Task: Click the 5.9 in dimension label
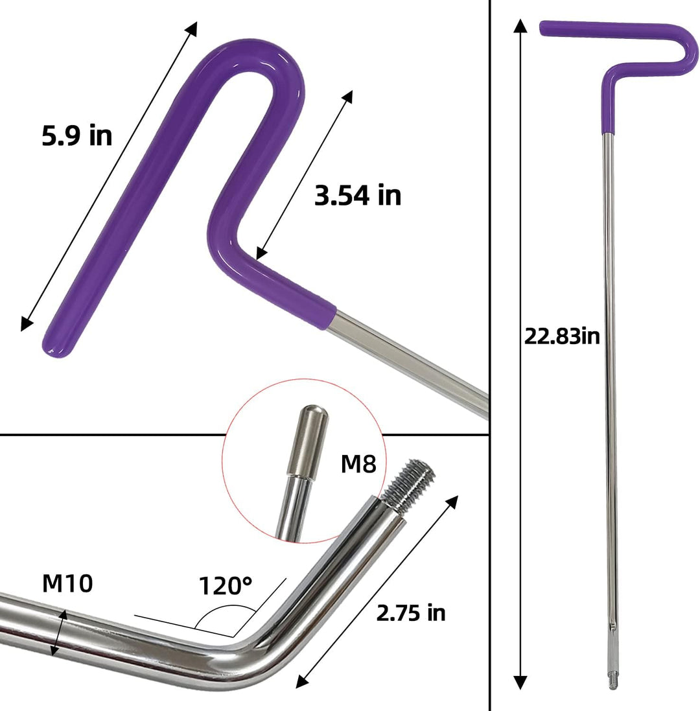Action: coord(77,135)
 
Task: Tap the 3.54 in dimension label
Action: coord(358,195)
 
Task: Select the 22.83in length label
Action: coord(562,336)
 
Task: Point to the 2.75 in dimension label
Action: coord(411,612)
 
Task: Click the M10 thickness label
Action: coord(67,583)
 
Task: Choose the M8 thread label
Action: coord(358,464)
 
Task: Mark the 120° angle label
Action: coord(226,585)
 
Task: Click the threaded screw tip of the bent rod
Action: coord(410,485)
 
